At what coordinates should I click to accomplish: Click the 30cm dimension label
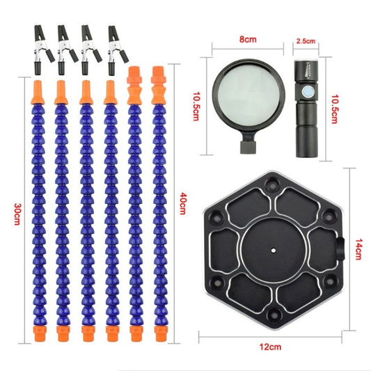[x=17, y=214]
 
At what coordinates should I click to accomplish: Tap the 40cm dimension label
[x=183, y=204]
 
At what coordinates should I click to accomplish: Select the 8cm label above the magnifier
[x=248, y=39]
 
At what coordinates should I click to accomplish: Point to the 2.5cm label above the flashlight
[x=306, y=41]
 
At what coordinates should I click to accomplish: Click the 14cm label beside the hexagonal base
[x=358, y=249]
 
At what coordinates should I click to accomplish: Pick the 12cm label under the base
[x=271, y=347]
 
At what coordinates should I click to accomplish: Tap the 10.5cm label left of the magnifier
[x=196, y=106]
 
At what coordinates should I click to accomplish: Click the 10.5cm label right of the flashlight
[x=334, y=109]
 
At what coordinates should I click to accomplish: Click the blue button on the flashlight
[x=307, y=91]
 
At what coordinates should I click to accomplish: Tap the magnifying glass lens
[x=248, y=93]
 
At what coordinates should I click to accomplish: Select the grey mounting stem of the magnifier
[x=248, y=147]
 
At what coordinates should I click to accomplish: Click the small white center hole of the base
[x=274, y=250]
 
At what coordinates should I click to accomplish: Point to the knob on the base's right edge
[x=340, y=249]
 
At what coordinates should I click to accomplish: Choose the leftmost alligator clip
[x=42, y=49]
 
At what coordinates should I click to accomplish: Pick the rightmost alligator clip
[x=117, y=50]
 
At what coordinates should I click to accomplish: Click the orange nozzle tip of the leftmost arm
[x=38, y=93]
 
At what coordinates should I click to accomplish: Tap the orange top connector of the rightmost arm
[x=159, y=86]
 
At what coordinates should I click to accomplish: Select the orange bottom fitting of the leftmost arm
[x=40, y=333]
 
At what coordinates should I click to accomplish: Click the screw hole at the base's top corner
[x=272, y=184]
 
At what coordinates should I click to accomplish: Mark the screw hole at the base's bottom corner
[x=274, y=314]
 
